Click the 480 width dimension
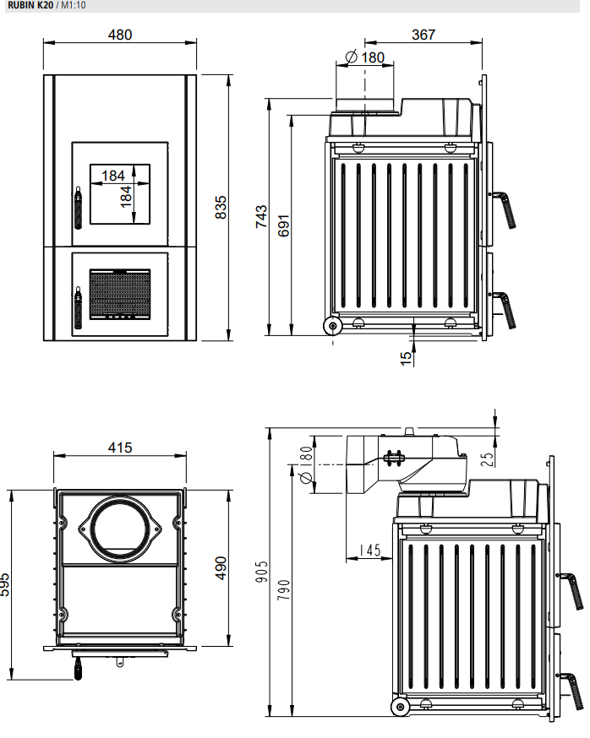click(120, 35)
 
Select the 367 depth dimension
click(423, 35)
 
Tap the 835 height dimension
click(222, 208)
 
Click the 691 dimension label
click(284, 223)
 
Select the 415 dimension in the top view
click(120, 448)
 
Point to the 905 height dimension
click(262, 573)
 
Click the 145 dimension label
click(369, 550)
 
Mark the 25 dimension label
click(488, 459)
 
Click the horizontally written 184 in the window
click(112, 176)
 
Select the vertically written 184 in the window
click(126, 196)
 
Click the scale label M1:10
click(72, 5)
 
